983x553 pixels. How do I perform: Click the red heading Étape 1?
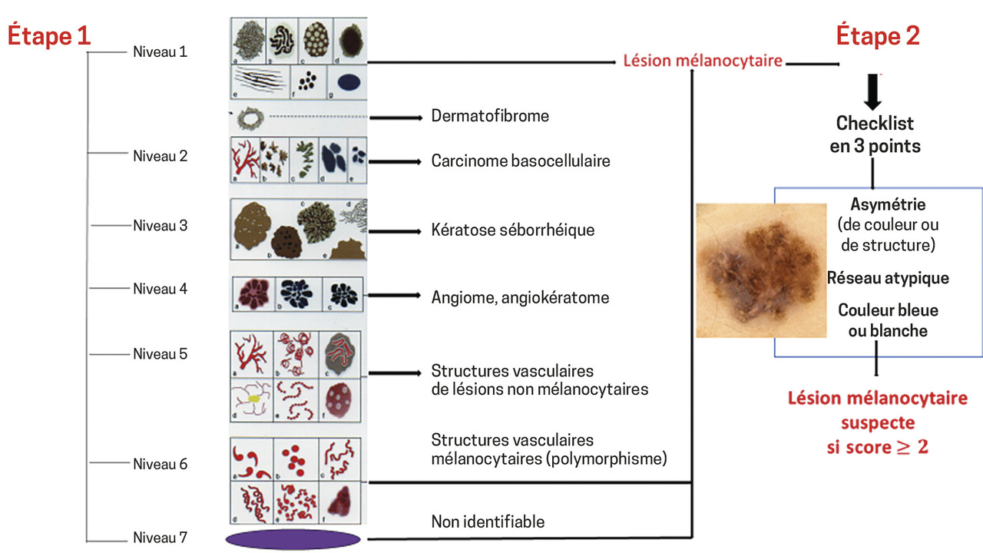pos(50,36)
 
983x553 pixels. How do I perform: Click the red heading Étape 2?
pos(877,36)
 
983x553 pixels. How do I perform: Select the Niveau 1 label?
pos(160,52)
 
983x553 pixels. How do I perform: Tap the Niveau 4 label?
pos(160,289)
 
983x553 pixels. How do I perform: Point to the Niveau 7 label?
pos(160,538)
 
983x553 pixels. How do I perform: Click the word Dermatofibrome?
pos(490,117)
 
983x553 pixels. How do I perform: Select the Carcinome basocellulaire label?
pos(521,161)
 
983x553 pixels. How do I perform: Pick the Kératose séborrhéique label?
pos(512,230)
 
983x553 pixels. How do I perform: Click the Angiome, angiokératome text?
pos(520,297)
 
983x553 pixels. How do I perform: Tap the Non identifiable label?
pos(488,522)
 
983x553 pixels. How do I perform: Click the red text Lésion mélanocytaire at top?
pos(702,61)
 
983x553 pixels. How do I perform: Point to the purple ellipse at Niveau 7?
pos(293,538)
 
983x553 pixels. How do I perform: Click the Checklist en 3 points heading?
pos(875,134)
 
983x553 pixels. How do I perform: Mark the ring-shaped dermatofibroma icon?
pos(250,118)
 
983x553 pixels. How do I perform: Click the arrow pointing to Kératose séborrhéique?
pos(396,230)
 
